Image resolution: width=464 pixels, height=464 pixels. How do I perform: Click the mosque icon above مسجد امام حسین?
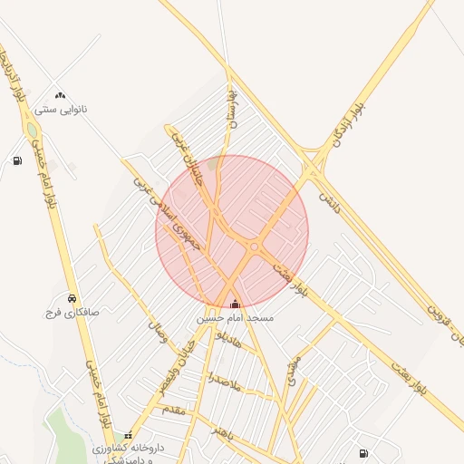[236, 304]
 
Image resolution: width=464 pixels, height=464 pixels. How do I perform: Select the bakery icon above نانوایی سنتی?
[61, 95]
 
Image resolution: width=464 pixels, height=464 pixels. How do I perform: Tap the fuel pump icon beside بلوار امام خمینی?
[17, 161]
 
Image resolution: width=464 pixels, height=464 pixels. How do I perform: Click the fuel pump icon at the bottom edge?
[363, 452]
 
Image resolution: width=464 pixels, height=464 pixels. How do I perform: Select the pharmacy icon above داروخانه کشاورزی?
[128, 435]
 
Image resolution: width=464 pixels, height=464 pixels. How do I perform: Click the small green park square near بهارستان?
[214, 164]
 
